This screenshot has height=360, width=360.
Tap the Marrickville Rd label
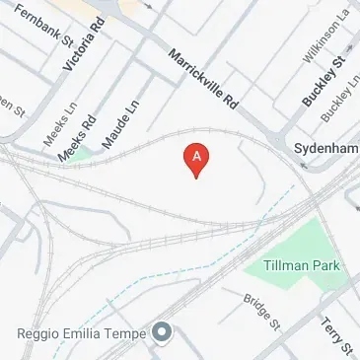tap(204, 80)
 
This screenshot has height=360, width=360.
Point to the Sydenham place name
tap(325, 147)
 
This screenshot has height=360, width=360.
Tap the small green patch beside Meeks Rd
tap(83, 153)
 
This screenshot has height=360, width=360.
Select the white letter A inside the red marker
tap(197, 156)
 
